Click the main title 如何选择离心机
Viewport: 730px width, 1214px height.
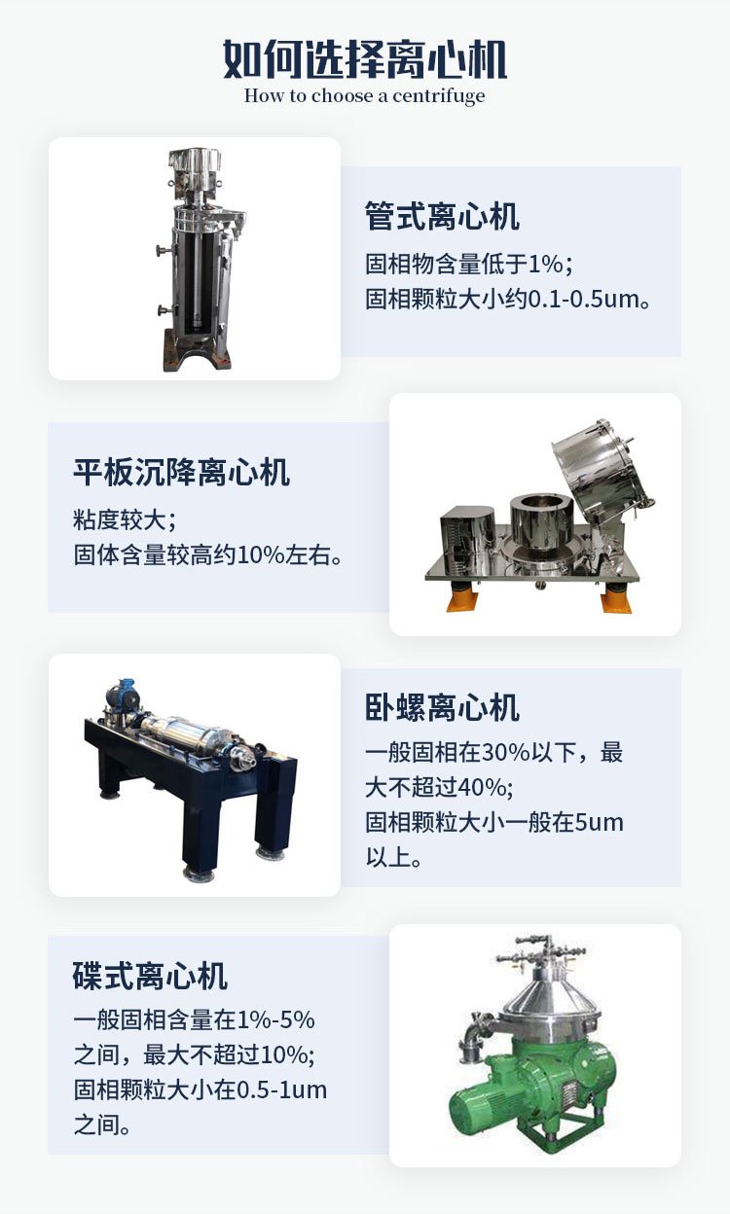coord(365,59)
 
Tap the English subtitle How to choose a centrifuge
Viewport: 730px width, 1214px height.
coord(364,96)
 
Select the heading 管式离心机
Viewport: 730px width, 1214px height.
coord(442,217)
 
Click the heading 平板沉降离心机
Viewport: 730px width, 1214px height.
coord(181,472)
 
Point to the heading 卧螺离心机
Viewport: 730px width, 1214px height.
coord(442,707)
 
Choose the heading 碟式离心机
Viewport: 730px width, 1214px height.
coord(150,976)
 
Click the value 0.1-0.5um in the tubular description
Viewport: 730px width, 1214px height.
coord(583,300)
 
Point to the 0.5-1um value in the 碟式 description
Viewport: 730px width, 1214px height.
coord(282,1089)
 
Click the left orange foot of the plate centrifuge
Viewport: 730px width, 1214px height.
coord(460,598)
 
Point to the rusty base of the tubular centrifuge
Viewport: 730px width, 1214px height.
coord(196,352)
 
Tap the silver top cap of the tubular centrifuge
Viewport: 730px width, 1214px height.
coord(194,161)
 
